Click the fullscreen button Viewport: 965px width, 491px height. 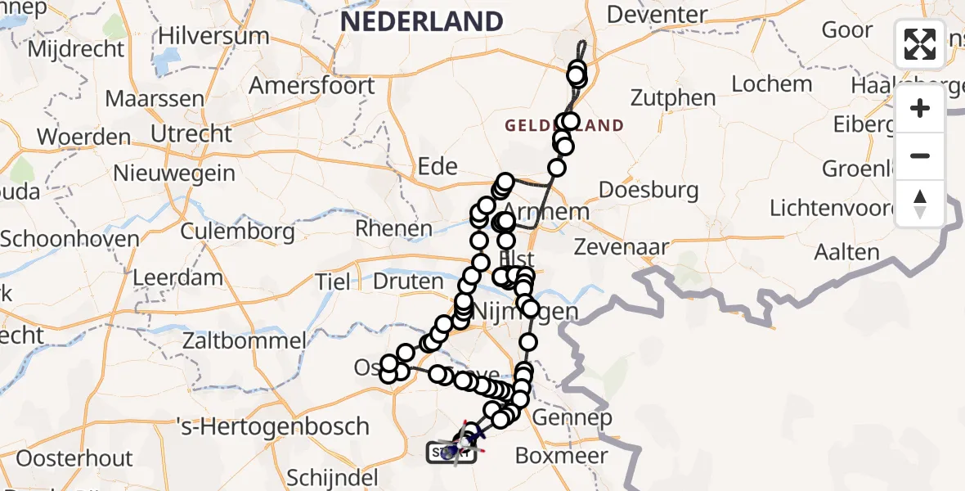920,45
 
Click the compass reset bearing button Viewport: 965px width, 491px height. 920,204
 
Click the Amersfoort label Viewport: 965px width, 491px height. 312,86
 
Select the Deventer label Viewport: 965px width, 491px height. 658,15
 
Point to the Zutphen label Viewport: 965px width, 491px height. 673,98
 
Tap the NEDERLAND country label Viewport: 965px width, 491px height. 421,21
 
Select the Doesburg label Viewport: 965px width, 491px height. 649,191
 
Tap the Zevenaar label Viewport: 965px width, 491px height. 622,246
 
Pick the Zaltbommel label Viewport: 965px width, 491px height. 245,340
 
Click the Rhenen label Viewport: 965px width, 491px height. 394,228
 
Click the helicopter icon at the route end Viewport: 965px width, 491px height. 463,443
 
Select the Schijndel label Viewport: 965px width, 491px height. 332,478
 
